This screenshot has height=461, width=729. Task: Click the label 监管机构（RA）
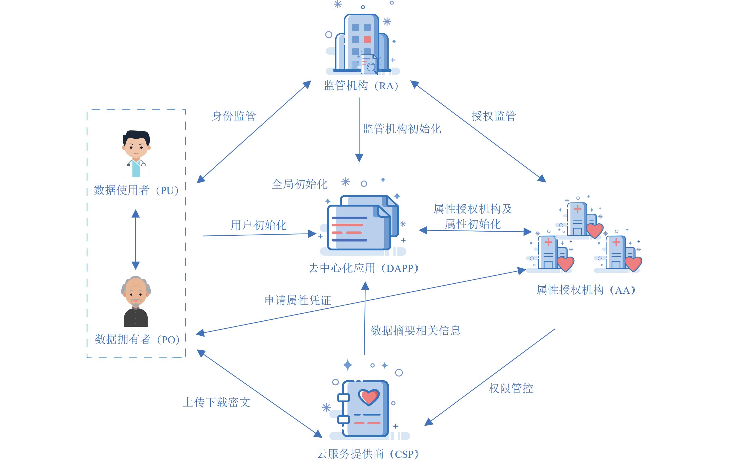[361, 86]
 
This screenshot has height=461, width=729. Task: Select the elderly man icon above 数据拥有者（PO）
[136, 301]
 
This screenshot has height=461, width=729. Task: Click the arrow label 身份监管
[234, 116]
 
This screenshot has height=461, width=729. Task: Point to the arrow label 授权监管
[493, 116]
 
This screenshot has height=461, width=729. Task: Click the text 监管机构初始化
[402, 129]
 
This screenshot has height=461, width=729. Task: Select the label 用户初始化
[258, 225]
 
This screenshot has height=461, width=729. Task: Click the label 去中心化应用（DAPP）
[364, 268]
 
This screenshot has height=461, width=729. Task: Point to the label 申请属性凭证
[298, 300]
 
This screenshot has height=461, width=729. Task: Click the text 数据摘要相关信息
[416, 330]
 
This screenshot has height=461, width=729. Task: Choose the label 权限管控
[511, 388]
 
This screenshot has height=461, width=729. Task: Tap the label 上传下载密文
[216, 402]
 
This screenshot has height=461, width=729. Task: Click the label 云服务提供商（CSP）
[368, 454]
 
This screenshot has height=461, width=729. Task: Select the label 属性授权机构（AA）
[586, 290]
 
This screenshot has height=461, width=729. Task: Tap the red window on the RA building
[367, 40]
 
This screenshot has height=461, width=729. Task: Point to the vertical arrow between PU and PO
[136, 239]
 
